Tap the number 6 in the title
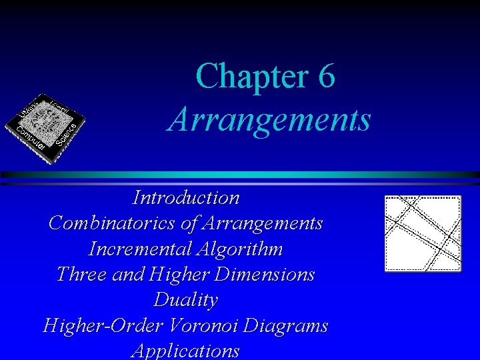(326, 76)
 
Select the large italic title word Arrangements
(269, 120)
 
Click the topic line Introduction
(186, 198)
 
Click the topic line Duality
(186, 300)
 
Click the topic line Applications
(186, 351)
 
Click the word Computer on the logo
(31, 137)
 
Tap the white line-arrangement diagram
(423, 233)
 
